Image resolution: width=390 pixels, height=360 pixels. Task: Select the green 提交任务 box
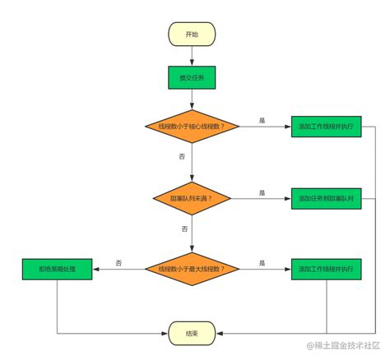pos(192,78)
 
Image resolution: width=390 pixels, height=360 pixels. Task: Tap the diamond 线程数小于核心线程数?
pos(192,127)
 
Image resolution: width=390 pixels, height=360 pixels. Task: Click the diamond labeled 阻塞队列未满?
pos(192,198)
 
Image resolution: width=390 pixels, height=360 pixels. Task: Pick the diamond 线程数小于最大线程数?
pos(192,268)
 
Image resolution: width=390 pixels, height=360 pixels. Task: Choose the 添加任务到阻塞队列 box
pos(326,198)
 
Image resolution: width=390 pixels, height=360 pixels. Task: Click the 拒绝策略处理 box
pos(57,268)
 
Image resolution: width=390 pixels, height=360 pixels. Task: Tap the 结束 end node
pos(192,332)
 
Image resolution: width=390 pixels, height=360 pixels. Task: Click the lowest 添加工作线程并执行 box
pos(326,268)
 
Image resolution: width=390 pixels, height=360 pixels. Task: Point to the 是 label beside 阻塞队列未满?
pos(262,192)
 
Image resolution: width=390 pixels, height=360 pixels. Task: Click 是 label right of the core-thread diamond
pos(262,121)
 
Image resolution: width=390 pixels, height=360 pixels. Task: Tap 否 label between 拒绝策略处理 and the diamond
pos(118,262)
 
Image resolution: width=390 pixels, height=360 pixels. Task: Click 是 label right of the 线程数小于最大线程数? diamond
pos(262,262)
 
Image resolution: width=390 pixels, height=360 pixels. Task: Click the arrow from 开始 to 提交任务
pos(192,55)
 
